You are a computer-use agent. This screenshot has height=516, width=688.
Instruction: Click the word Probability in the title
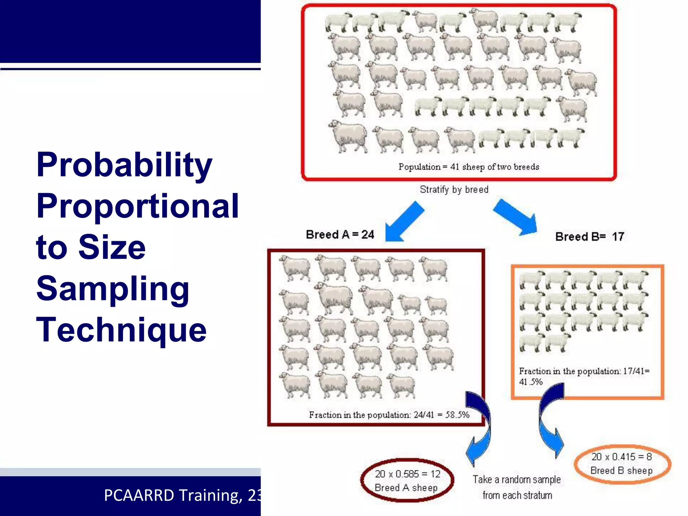point(124,165)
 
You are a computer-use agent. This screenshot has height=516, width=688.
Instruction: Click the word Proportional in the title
point(137,206)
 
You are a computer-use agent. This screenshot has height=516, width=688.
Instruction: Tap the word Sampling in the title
point(113,289)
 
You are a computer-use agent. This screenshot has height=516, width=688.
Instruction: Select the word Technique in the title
point(121,330)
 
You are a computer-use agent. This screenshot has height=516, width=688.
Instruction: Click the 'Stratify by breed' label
point(454,189)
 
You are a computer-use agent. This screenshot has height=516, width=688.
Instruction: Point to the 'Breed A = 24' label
point(340,234)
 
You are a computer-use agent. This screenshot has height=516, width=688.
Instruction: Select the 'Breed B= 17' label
point(590,236)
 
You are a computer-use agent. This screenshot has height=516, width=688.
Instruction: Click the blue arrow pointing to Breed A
point(403,222)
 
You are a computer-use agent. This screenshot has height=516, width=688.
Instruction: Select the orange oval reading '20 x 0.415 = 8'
point(622,464)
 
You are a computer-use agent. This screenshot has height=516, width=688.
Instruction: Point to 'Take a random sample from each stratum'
point(517,487)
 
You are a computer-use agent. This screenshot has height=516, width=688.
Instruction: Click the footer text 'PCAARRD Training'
point(173,496)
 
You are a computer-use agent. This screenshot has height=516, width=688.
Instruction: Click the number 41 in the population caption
point(455,167)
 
